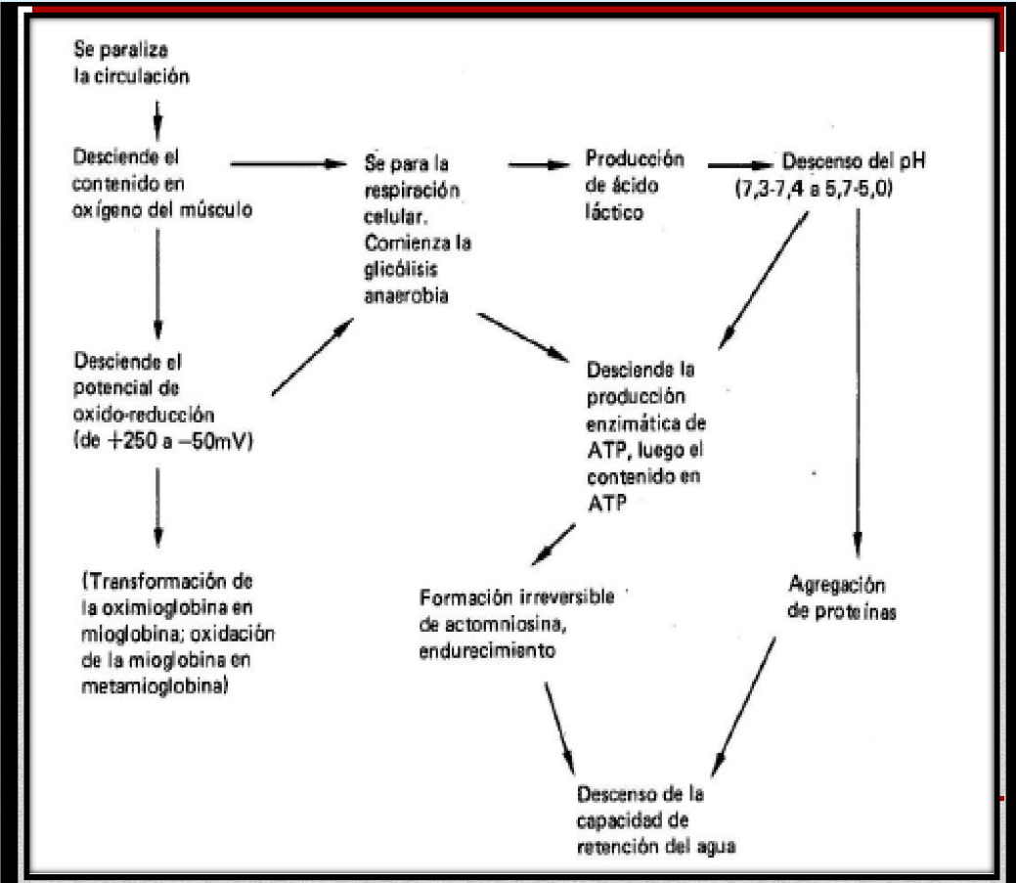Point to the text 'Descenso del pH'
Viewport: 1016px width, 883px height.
pos(848,160)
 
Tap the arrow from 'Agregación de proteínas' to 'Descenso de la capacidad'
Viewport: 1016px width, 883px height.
pos(746,697)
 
